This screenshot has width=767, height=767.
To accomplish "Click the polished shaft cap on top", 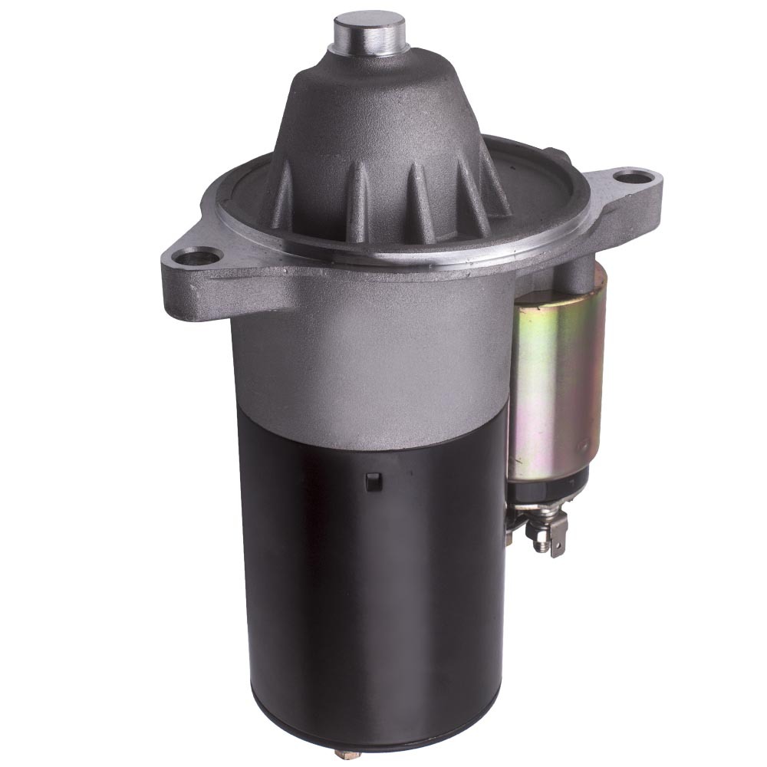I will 368,31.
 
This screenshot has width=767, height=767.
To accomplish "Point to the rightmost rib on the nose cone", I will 491,180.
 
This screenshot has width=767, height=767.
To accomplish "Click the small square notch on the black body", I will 374,482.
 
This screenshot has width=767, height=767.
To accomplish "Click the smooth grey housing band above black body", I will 368,360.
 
